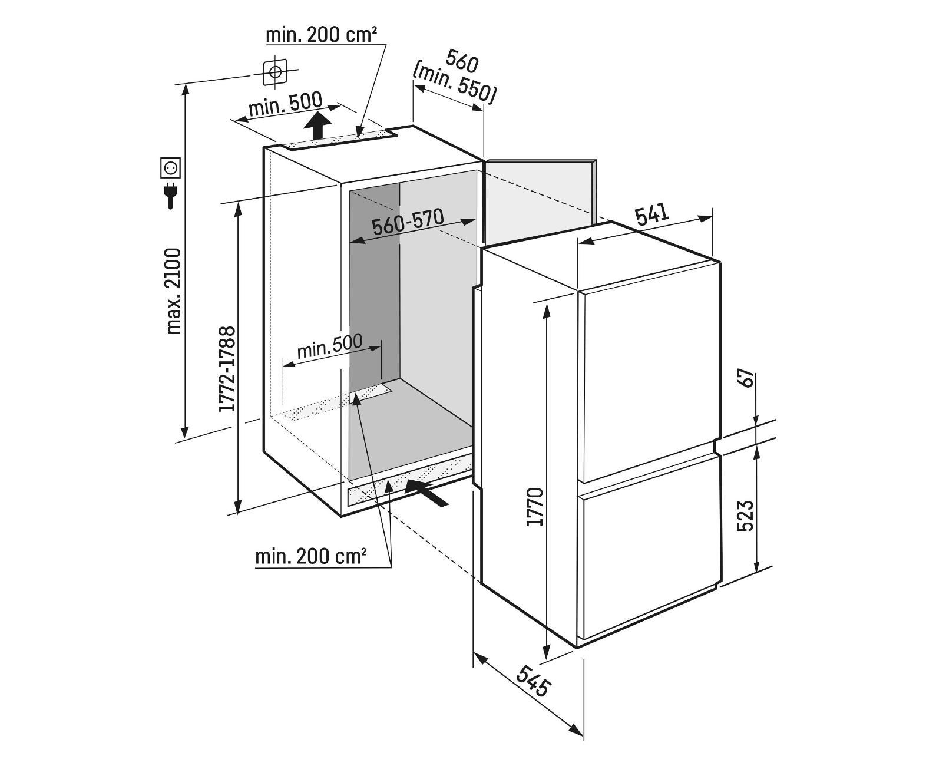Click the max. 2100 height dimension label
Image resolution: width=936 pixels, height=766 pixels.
coord(173,291)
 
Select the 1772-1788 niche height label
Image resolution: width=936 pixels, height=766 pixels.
coord(227,369)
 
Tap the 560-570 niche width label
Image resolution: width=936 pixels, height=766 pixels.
coord(408,222)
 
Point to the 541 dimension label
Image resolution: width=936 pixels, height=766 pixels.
coord(651,213)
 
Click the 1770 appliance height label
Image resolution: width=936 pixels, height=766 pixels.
coord(535,507)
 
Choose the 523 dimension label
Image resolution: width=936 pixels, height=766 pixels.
coord(745,516)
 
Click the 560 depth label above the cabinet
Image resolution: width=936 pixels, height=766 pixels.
coord(462,61)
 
